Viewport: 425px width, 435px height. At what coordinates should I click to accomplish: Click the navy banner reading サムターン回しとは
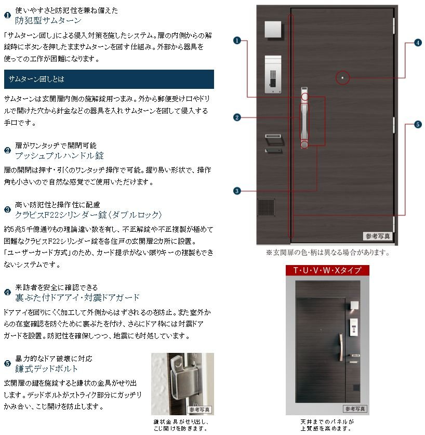coord(109,79)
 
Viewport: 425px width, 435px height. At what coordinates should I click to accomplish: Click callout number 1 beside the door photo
coord(237,41)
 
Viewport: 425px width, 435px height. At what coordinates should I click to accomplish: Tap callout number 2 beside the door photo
coord(237,117)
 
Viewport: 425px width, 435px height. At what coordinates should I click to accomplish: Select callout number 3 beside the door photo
coord(237,191)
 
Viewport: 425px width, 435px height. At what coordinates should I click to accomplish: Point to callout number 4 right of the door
coord(418,43)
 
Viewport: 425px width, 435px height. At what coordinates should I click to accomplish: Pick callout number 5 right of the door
coord(418,125)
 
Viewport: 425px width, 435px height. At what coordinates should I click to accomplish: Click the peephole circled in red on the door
coord(342,77)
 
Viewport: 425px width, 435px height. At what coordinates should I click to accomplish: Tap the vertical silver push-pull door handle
coord(304,118)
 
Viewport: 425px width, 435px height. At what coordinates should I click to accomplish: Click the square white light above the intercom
coord(273,30)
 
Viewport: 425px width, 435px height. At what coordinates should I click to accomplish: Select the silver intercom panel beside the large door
coord(273,75)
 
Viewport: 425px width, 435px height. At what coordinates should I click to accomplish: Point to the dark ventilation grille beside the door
coord(267,207)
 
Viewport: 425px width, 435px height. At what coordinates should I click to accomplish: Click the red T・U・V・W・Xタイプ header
coord(327,270)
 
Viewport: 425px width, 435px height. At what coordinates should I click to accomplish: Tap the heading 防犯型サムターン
coord(48,20)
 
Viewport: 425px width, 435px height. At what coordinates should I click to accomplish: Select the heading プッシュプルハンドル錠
coord(59,155)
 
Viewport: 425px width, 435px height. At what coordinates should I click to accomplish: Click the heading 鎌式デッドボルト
coord(46,368)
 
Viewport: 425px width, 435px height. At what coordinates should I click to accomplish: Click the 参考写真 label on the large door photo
coord(378,236)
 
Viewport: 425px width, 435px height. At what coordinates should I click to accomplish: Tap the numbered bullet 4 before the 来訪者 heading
coord(7,292)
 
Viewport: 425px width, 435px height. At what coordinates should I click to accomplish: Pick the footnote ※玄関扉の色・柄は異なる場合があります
coord(328,253)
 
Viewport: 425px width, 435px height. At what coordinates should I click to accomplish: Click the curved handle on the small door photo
coord(341,347)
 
